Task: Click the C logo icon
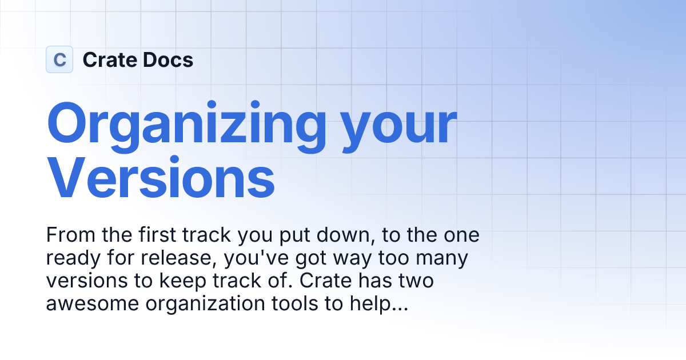coord(59,59)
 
